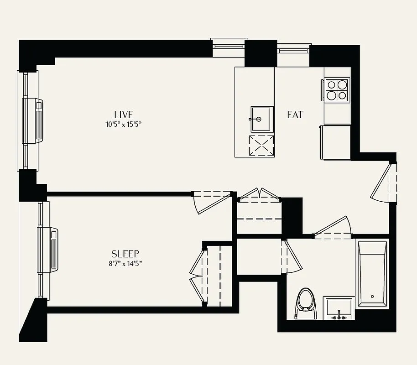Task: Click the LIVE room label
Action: pos(124,115)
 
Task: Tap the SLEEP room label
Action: pos(125,254)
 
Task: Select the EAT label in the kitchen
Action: pos(295,115)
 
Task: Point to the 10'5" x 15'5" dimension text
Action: pos(124,124)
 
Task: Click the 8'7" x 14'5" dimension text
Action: pos(125,263)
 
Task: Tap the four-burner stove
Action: pos(337,89)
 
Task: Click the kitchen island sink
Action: pos(262,119)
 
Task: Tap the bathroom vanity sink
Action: pos(339,308)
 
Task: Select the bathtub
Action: pos(372,274)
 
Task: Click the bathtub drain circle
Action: pos(372,297)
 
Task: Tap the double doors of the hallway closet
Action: pos(259,195)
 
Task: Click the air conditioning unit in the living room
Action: pos(34,120)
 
